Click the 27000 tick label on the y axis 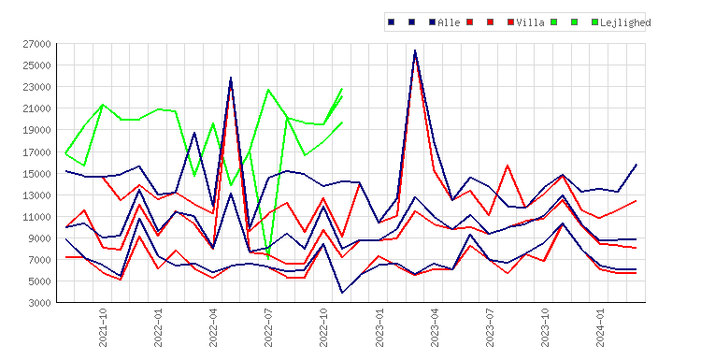click(x=36, y=44)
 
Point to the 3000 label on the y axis click(x=39, y=303)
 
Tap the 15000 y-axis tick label click(x=36, y=174)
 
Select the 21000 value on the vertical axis click(x=36, y=108)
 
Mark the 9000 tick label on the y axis click(x=39, y=238)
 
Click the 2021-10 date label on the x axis click(x=103, y=327)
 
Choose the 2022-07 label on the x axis click(x=268, y=327)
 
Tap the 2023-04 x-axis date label click(x=435, y=327)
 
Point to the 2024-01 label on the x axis click(x=600, y=327)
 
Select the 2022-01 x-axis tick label click(x=158, y=327)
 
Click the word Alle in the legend click(x=449, y=22)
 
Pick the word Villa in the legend click(x=530, y=22)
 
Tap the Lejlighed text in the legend click(x=625, y=22)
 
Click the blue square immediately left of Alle click(x=433, y=22)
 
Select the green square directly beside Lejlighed click(x=594, y=22)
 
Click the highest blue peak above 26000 click(x=415, y=50)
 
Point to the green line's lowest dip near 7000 click(x=268, y=258)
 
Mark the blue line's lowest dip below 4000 click(x=342, y=293)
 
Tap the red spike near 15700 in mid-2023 click(x=508, y=166)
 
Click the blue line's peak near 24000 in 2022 click(x=231, y=78)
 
